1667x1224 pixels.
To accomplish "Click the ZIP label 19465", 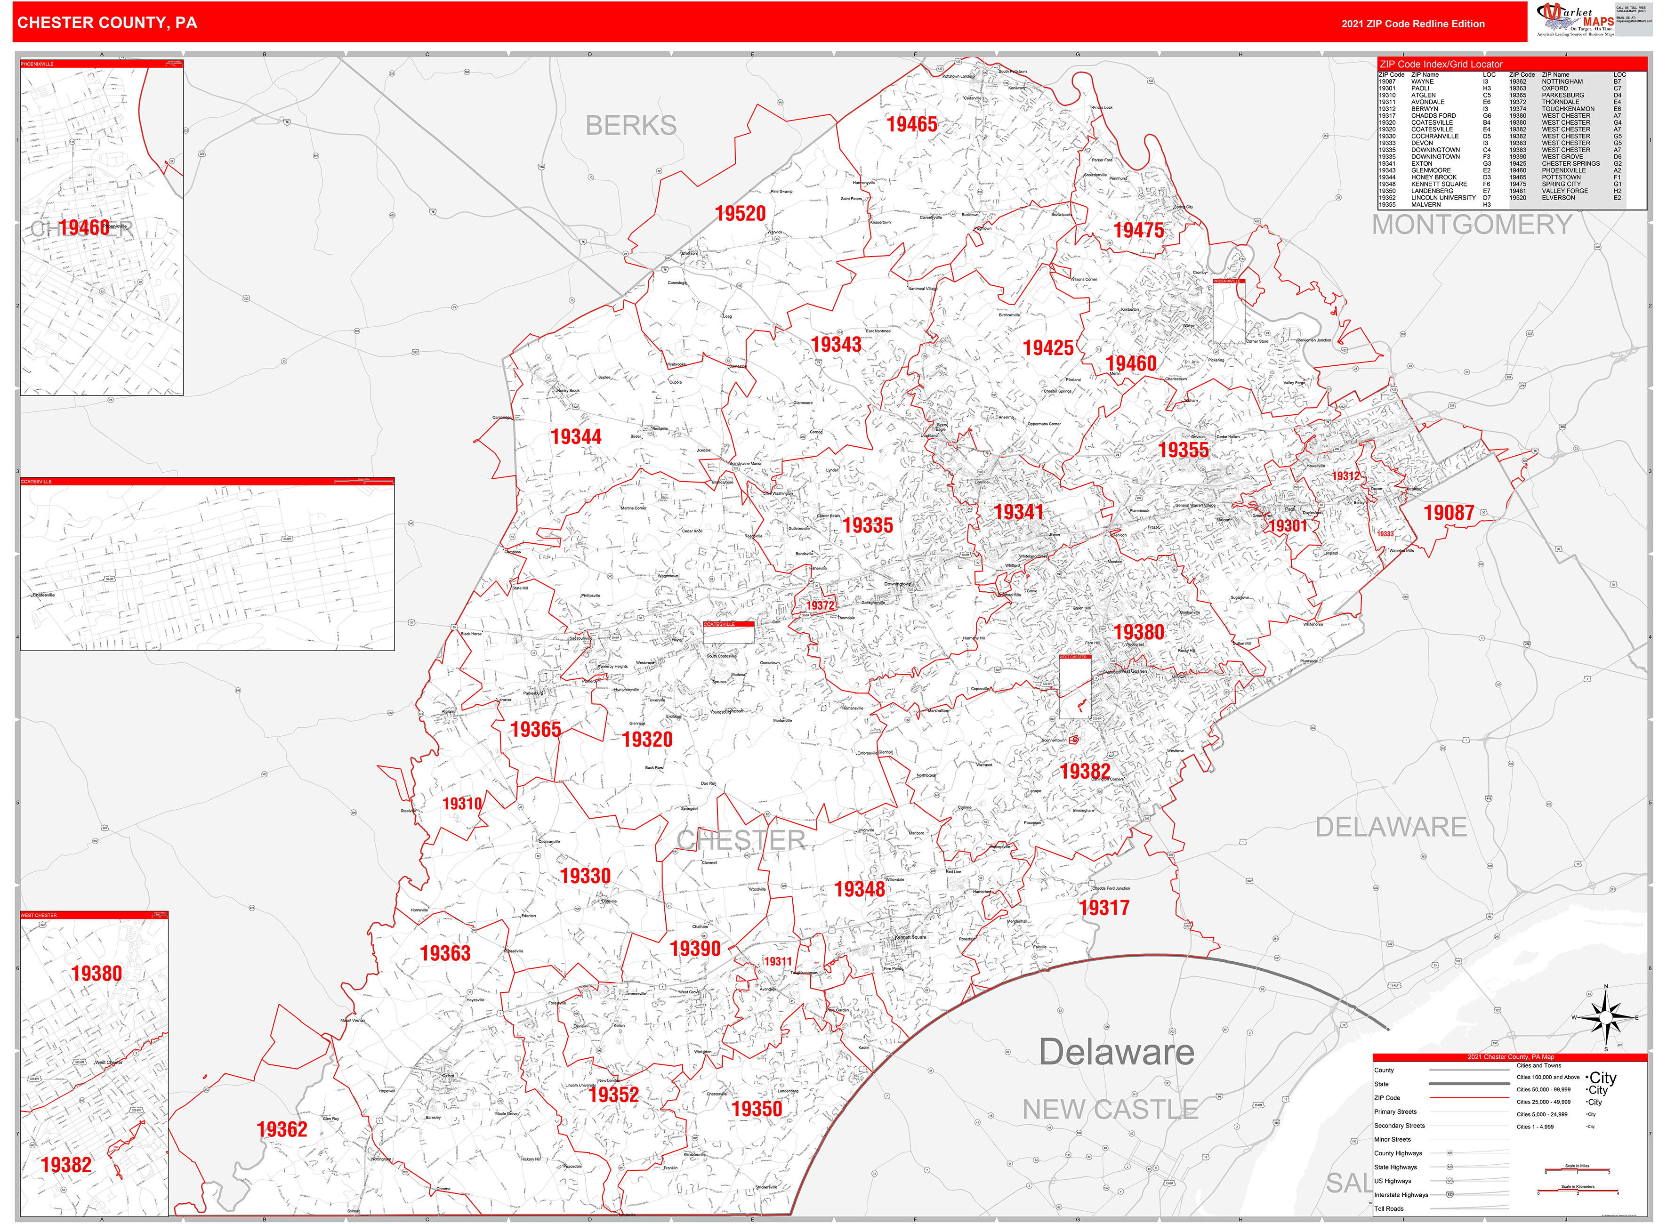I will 911,124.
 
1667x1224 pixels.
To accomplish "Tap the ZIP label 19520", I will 740,213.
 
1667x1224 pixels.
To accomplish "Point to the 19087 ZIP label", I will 1449,513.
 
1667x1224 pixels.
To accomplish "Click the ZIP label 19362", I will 282,1129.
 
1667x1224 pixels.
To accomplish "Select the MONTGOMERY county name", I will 1472,225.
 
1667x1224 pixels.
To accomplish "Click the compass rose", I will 1605,1018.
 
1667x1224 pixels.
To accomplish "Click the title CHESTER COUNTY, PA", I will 107,23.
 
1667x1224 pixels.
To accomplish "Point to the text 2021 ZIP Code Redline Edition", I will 1412,24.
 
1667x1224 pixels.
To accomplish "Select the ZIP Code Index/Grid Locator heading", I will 1440,64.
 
